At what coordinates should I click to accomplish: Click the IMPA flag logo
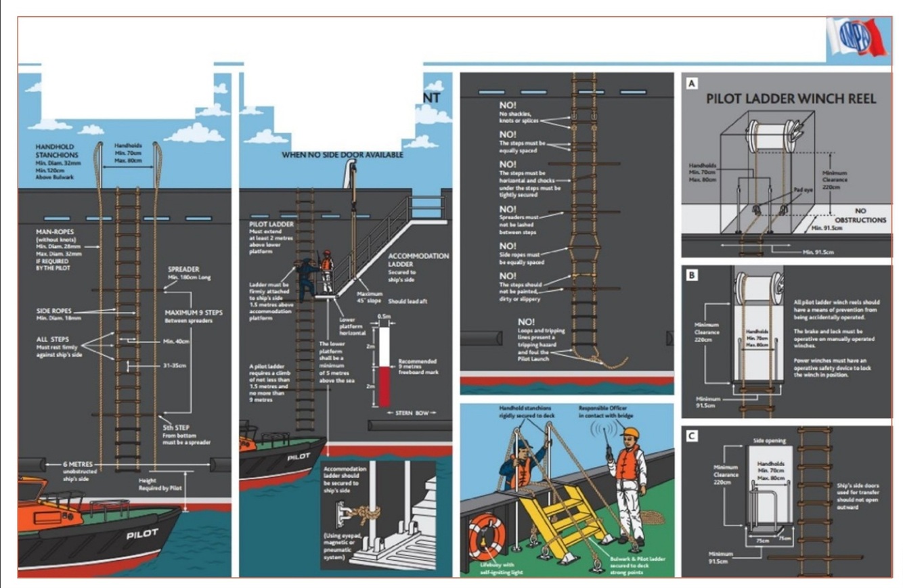point(858,38)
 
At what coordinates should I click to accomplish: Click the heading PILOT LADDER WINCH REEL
point(791,99)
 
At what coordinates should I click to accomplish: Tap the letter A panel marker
point(691,84)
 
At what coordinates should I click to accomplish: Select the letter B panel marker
point(691,275)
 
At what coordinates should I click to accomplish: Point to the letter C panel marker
point(691,436)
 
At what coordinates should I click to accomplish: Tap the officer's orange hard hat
point(631,432)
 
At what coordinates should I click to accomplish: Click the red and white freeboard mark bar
point(384,366)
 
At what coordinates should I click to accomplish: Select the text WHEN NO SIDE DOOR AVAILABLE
point(343,155)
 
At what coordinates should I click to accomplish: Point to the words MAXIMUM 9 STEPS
point(194,313)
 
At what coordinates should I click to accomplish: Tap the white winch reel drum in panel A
point(772,135)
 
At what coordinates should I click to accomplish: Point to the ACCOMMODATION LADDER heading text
point(418,261)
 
